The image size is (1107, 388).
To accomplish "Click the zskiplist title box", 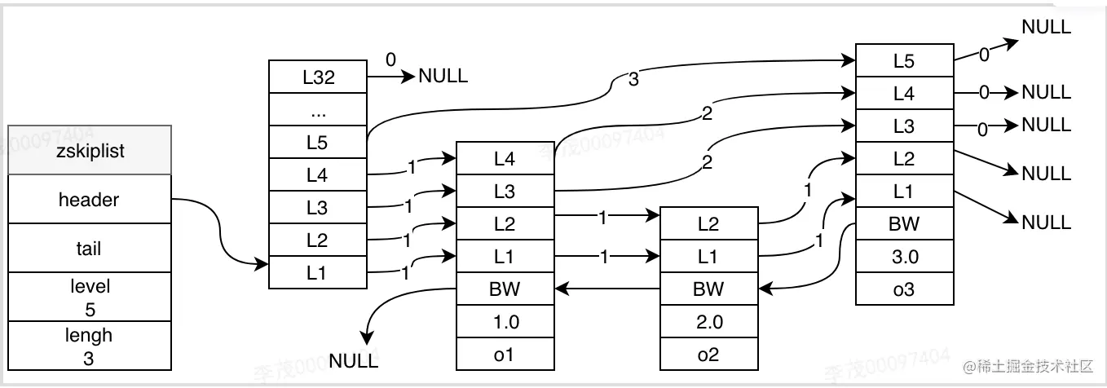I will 90,151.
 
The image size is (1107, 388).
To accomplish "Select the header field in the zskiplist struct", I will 90,200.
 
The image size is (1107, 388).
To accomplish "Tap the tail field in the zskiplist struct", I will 90,249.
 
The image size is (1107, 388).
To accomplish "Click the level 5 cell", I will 90,298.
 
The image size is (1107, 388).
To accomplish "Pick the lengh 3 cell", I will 90,346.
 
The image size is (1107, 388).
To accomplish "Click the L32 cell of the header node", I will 318,77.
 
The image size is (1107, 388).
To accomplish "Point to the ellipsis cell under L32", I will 318,110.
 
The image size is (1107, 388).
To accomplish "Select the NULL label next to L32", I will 443,77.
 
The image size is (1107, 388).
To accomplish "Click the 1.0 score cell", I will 505,321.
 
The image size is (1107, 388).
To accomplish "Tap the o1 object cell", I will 505,354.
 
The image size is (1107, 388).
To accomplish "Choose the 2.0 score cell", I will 708,321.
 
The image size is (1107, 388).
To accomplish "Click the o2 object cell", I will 708,354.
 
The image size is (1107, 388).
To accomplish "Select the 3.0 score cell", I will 905,256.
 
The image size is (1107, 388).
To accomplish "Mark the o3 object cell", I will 905,289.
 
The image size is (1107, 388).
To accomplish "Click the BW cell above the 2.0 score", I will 708,289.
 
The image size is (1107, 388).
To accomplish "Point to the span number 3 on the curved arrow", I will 633,80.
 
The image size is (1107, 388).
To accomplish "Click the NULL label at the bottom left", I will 354,359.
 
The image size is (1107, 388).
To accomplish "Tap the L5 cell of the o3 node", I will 905,60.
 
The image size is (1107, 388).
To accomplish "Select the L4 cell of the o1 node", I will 505,159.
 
